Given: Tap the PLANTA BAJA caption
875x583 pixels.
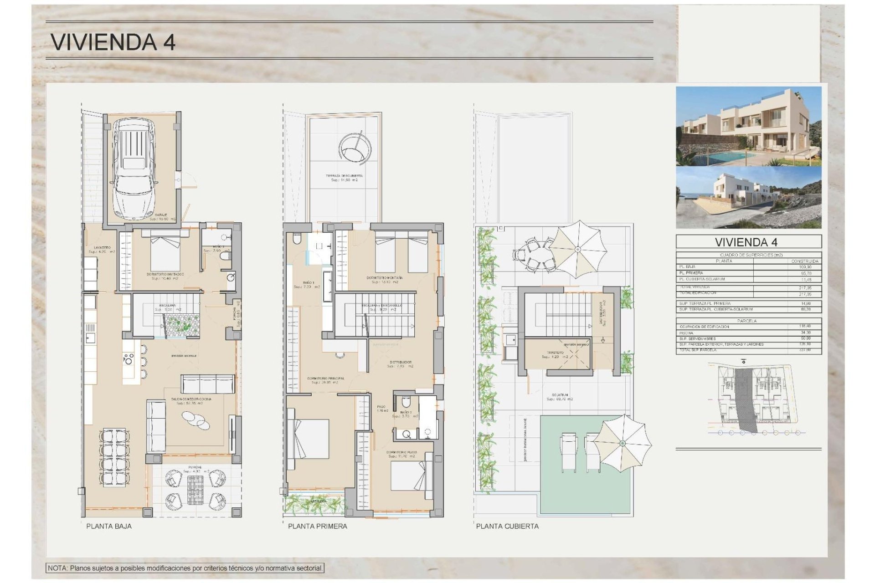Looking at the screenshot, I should (x=109, y=526).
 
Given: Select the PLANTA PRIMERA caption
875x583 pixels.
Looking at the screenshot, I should (x=317, y=526).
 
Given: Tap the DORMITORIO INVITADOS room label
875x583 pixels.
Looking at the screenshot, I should (x=165, y=275).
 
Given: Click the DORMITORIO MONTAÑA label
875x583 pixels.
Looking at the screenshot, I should (x=384, y=278).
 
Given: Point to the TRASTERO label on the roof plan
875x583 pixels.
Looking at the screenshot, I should (x=555, y=353).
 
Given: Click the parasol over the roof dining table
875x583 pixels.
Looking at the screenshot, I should (x=577, y=249).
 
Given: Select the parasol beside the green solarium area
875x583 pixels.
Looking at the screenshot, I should (x=622, y=443).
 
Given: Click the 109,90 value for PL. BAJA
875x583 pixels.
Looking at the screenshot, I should (x=805, y=267).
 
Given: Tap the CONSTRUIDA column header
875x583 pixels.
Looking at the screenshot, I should (x=805, y=261).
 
